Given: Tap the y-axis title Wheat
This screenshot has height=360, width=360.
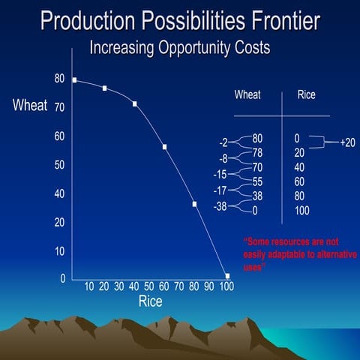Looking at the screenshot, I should pyautogui.click(x=30, y=106).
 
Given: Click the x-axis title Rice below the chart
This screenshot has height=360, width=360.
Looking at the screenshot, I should pyautogui.click(x=150, y=301).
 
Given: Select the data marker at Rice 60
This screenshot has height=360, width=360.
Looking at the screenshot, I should pyautogui.click(x=164, y=147).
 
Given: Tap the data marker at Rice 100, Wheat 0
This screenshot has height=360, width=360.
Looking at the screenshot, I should pyautogui.click(x=227, y=276).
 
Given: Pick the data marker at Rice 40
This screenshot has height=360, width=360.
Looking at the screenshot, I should pyautogui.click(x=135, y=103).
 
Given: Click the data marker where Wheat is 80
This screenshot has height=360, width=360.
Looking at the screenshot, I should pyautogui.click(x=74, y=79).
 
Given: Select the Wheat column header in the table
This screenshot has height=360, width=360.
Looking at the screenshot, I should pyautogui.click(x=247, y=95).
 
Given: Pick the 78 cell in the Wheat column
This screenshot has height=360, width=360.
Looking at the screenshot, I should pyautogui.click(x=257, y=152).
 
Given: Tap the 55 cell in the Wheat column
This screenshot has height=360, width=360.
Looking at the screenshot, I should pyautogui.click(x=257, y=181).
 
